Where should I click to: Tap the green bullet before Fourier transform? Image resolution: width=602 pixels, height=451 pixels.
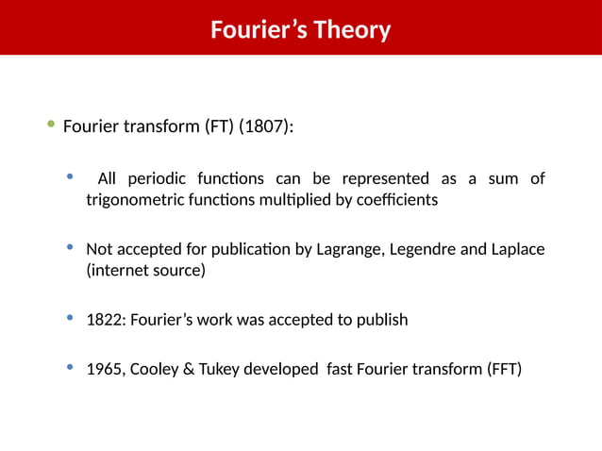pos(51,125)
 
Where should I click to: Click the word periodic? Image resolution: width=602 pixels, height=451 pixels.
pos(156,179)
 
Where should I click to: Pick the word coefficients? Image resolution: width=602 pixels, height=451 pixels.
pos(394,201)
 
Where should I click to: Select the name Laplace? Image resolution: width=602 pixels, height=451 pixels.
pos(517,250)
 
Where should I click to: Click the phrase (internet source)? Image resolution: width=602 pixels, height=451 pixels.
pos(145,271)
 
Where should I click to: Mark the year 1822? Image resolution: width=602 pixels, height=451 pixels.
pos(103,320)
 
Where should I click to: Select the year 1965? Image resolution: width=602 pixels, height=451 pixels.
pos(103,369)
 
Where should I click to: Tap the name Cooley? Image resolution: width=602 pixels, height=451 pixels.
pos(154,369)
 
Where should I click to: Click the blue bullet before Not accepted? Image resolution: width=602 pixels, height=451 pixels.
pos(70,248)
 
